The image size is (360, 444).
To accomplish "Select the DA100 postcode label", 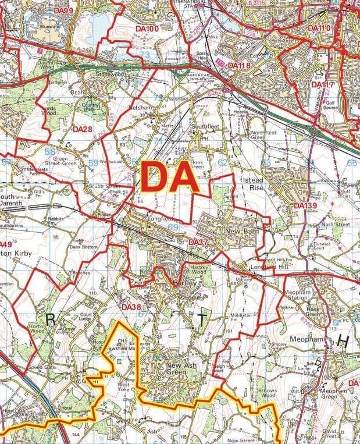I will click(147, 29).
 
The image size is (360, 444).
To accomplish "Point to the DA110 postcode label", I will click(319, 28).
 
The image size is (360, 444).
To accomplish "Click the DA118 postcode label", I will click(239, 66).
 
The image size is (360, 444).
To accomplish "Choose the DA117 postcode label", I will click(323, 85).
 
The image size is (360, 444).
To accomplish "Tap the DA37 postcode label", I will click(199, 241).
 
